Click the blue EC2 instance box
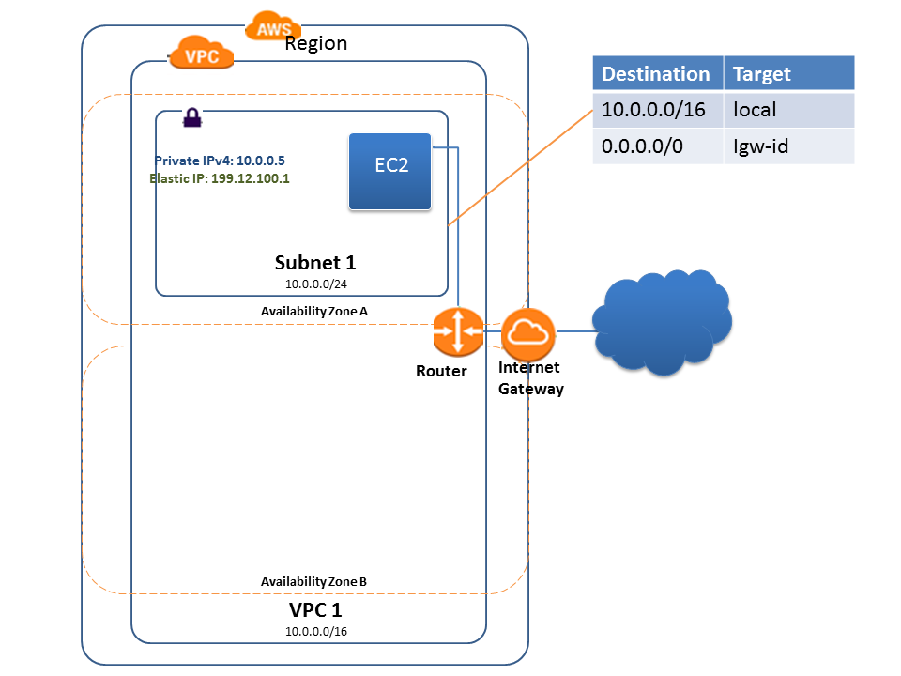click(389, 172)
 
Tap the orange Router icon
click(457, 331)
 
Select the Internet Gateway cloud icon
click(528, 331)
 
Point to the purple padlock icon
click(191, 117)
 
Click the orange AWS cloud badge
click(274, 28)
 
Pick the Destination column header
click(656, 73)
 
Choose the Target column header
click(761, 73)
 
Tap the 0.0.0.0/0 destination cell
click(648, 146)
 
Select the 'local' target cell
click(755, 110)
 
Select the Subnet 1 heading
click(314, 263)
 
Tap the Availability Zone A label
click(313, 311)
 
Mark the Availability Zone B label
click(313, 581)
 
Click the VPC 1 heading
click(314, 609)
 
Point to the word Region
click(316, 44)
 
